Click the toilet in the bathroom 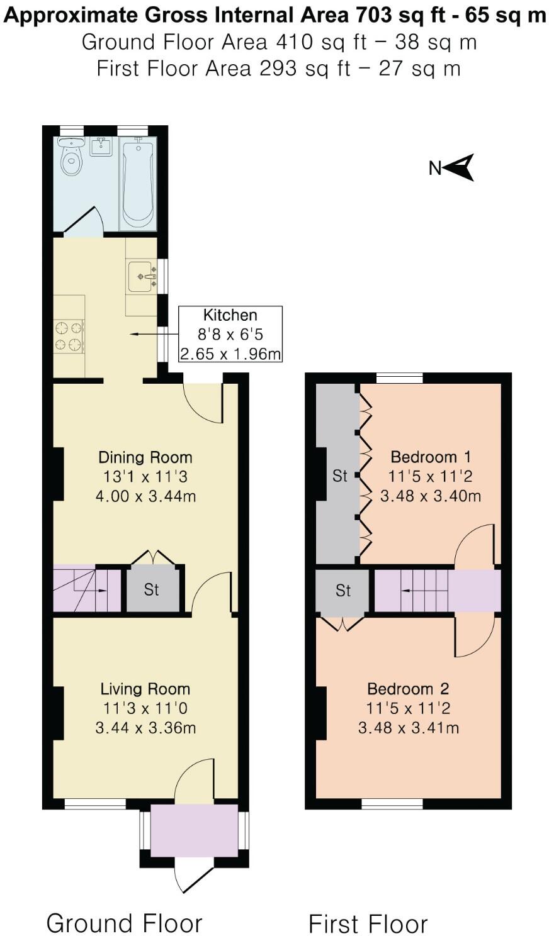tap(72, 158)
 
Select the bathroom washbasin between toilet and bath tap(101, 147)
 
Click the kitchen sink tap(142, 276)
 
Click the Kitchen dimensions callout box tap(230, 334)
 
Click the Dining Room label tap(145, 457)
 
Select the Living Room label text tap(145, 689)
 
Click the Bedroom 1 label tap(431, 457)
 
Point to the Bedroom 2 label tap(408, 689)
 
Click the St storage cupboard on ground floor tap(152, 589)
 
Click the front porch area tap(194, 830)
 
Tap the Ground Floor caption tap(124, 923)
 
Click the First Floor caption tap(368, 924)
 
